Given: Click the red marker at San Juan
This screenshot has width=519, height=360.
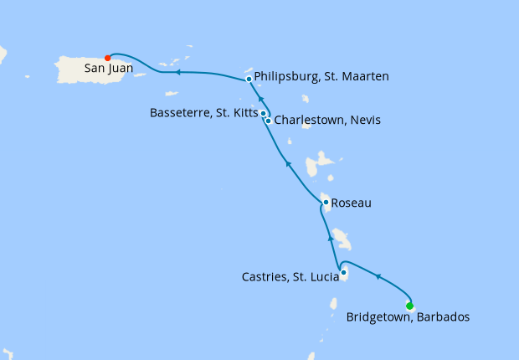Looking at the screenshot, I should coord(107,57).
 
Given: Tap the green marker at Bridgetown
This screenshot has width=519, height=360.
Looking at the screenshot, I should coord(409,306).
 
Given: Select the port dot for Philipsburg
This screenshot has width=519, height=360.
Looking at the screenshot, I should coord(249,80).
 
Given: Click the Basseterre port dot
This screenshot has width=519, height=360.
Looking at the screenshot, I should coord(263,113).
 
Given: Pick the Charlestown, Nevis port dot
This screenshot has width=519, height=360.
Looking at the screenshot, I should coord(268,121).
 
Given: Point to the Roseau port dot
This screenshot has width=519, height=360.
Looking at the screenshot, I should coord(325,202).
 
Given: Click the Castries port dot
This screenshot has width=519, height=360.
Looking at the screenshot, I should coord(344,271).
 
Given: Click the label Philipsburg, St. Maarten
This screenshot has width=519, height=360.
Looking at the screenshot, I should coord(321,77).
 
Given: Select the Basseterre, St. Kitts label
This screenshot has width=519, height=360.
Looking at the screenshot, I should coord(204,111).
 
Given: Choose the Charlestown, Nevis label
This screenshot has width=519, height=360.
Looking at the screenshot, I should coord(327,121).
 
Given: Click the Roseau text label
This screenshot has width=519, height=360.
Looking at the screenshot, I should coord(352,203).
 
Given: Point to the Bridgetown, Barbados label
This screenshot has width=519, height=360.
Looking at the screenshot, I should coord(408,317).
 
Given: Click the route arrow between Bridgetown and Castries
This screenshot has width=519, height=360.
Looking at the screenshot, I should coord(378,277).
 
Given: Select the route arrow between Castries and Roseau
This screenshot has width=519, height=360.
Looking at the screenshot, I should coord(330,239).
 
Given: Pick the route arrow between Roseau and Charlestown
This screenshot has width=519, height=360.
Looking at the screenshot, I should coord(287,162).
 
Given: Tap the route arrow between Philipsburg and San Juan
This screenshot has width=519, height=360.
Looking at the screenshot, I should coord(178,73).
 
